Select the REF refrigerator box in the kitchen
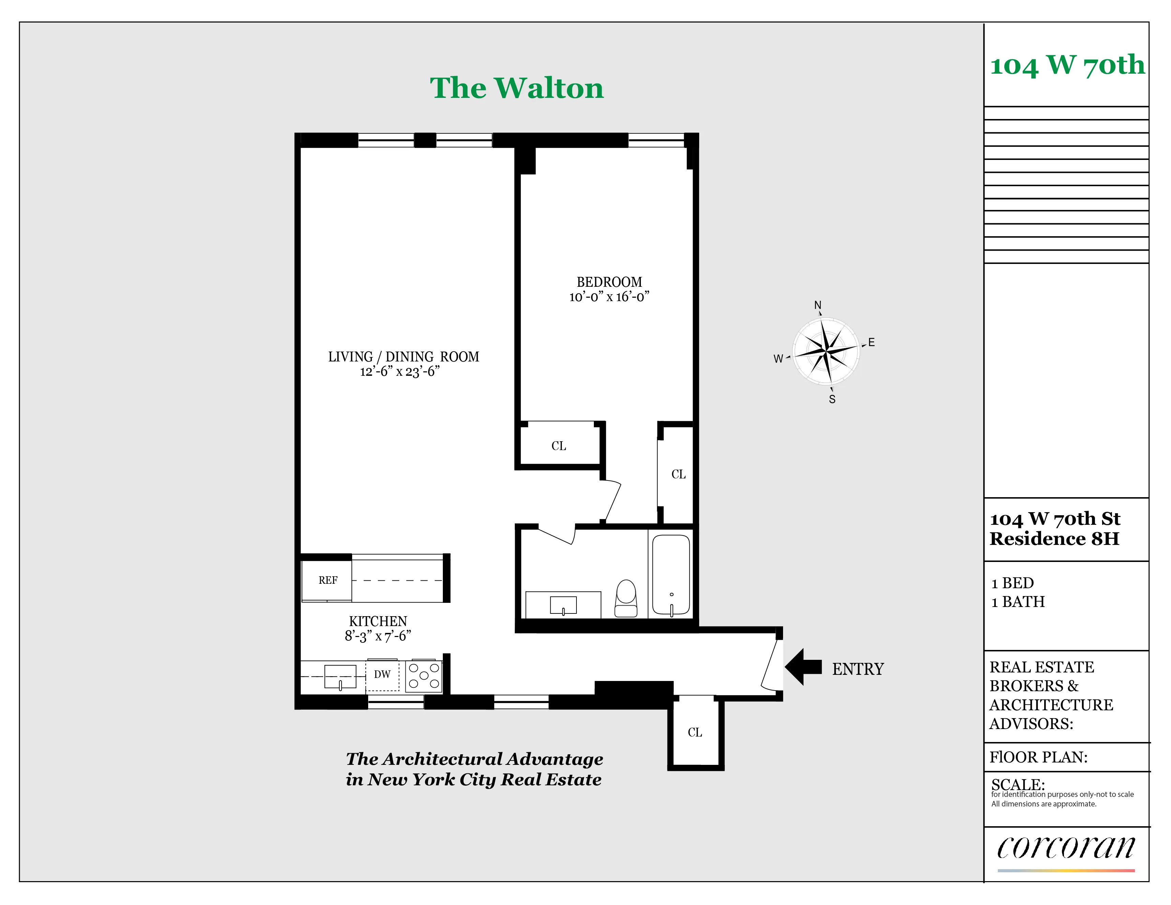(x=327, y=580)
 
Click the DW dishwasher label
(x=382, y=674)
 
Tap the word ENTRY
(x=857, y=669)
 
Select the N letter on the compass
(x=818, y=305)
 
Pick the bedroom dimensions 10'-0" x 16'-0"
(x=609, y=297)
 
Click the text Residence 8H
(x=1054, y=538)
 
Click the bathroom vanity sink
(x=563, y=605)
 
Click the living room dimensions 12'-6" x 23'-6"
(x=400, y=371)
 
